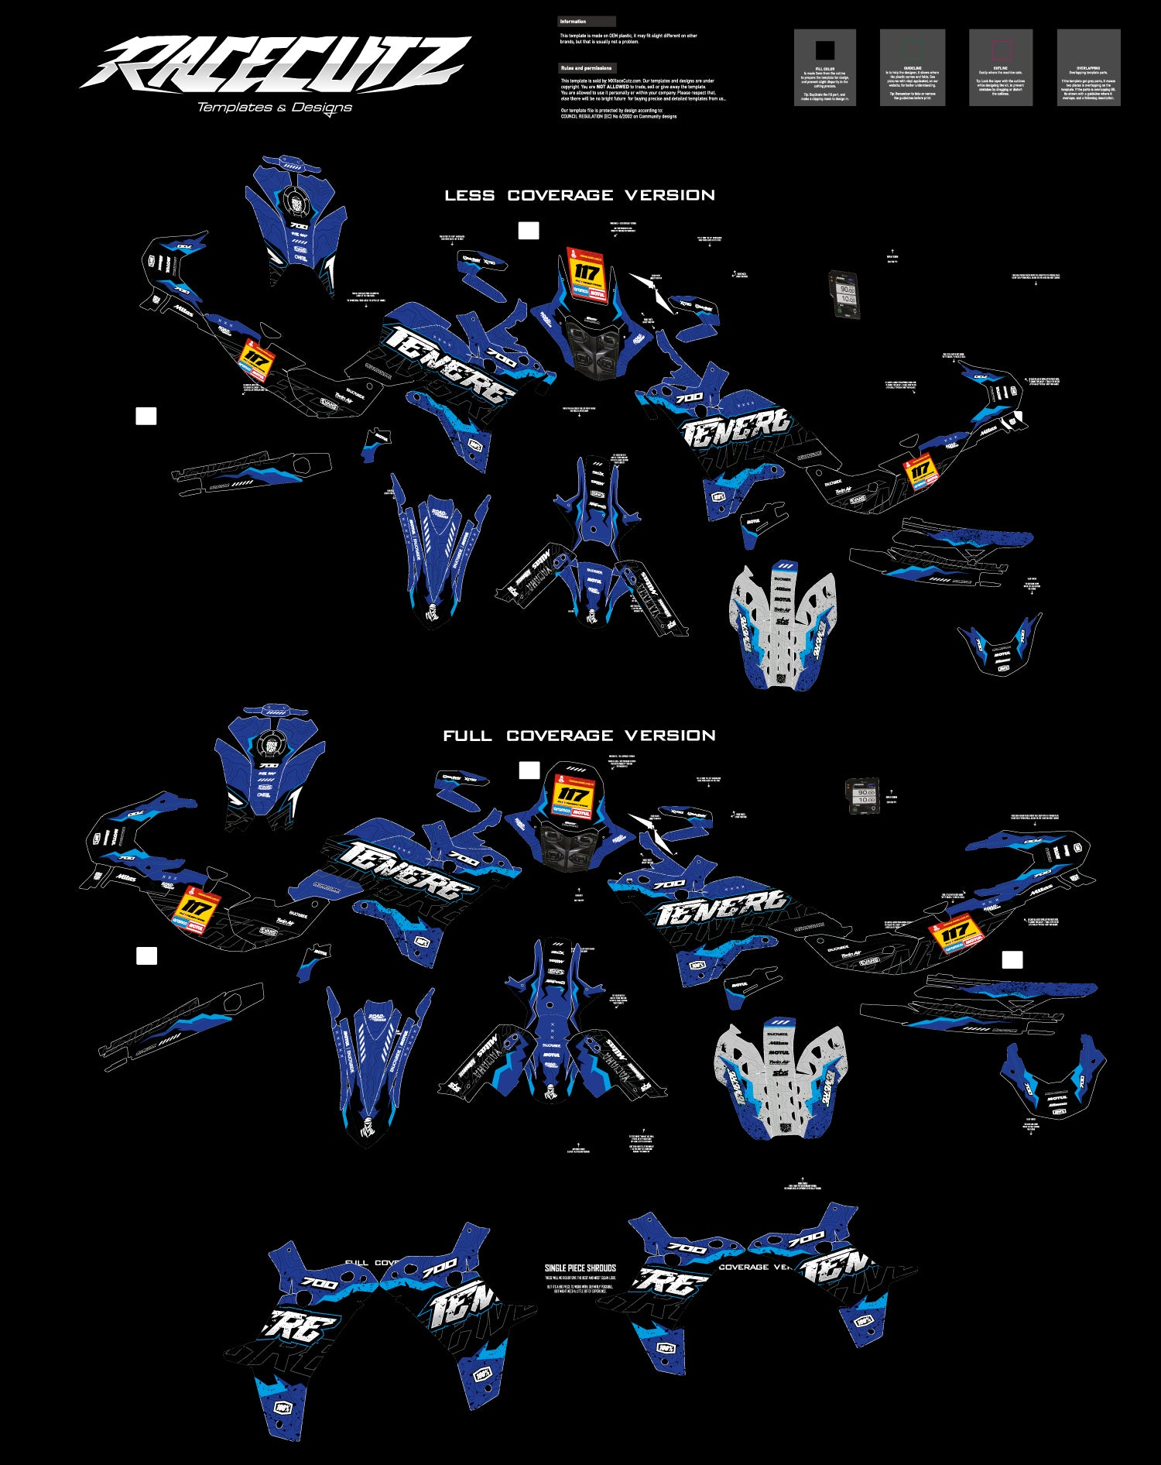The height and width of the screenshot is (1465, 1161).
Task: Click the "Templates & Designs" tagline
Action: pos(275,107)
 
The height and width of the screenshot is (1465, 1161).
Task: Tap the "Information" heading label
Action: pos(574,22)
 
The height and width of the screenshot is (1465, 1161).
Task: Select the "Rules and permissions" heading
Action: pos(586,68)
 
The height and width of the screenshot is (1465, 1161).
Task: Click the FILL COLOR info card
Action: pos(825,67)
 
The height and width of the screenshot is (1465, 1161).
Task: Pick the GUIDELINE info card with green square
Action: pos(913,67)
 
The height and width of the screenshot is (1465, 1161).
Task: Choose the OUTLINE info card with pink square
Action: pos(1001,67)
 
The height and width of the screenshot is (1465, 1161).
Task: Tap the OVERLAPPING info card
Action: pos(1088,67)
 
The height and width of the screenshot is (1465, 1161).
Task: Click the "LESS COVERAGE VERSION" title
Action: pos(580,195)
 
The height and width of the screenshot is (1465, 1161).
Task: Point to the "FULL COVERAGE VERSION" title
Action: pos(580,736)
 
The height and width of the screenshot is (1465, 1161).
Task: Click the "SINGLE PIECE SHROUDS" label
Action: pos(580,1268)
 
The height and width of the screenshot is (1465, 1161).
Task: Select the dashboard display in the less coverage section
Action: pos(845,295)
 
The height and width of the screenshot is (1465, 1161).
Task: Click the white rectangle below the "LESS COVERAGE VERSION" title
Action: pos(529,231)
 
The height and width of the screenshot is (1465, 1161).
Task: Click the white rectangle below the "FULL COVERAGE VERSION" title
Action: pos(529,770)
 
